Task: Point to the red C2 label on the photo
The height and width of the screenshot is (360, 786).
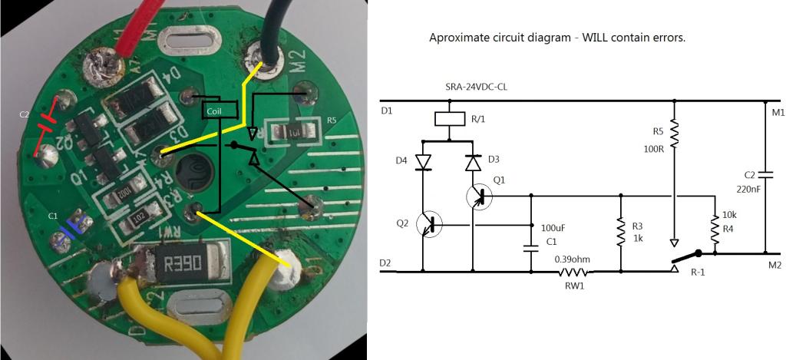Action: pyautogui.click(x=24, y=114)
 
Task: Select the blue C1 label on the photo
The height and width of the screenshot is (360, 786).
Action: pyautogui.click(x=53, y=216)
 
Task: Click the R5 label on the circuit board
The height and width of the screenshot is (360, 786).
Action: pyautogui.click(x=332, y=121)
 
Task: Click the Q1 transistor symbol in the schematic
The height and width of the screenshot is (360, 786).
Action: pyautogui.click(x=477, y=197)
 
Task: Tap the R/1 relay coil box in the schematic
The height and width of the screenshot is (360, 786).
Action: pyautogui.click(x=447, y=119)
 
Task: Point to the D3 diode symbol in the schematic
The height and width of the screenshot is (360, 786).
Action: pyautogui.click(x=472, y=163)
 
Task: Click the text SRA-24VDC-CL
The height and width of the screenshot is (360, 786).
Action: pyautogui.click(x=477, y=87)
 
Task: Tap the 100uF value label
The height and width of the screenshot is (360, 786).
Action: pyautogui.click(x=554, y=229)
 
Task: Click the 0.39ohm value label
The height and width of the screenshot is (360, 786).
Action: pyautogui.click(x=572, y=259)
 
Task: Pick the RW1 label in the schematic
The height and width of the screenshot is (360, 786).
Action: pyautogui.click(x=573, y=285)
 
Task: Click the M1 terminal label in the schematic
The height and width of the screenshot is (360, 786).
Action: pyautogui.click(x=778, y=114)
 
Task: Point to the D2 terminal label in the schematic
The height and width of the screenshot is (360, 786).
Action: pyautogui.click(x=386, y=263)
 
